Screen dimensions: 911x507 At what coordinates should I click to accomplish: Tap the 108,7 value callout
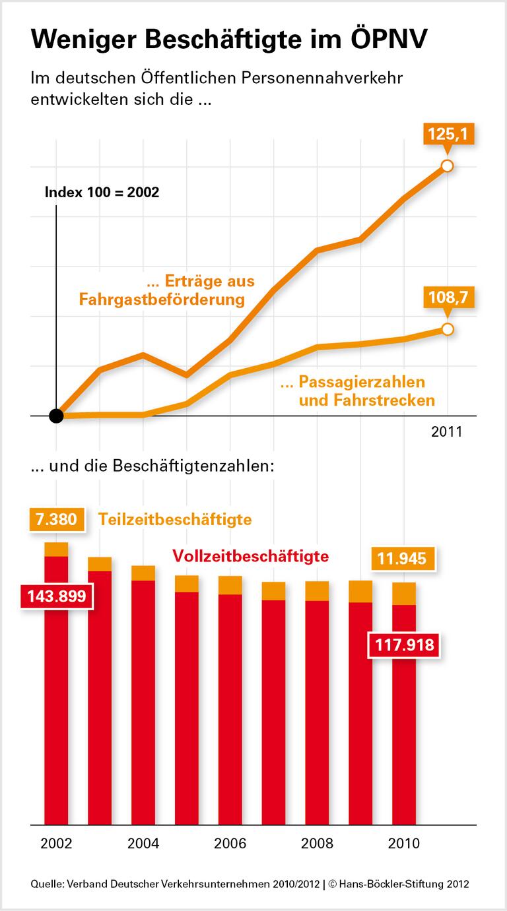coord(448,298)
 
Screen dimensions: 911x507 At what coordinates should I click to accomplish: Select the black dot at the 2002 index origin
coord(57,416)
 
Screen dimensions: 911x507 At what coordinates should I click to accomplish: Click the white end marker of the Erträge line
coord(447,166)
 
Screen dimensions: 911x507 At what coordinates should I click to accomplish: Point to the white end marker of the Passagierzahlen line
coord(448,329)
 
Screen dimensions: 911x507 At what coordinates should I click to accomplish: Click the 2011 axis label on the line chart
coord(447,433)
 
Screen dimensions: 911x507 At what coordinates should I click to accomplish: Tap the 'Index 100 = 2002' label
coord(102,193)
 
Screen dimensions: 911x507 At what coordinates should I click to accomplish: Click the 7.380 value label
coord(57,519)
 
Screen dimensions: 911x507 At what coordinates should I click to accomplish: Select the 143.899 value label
coord(57,596)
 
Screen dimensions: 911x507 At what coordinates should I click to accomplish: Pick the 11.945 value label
coord(401,559)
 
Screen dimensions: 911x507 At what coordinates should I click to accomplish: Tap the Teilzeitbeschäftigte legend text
coord(175,519)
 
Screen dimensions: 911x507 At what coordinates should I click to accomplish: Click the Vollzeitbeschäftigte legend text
coord(250,556)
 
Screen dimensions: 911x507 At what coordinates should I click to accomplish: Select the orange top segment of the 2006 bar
coord(230,585)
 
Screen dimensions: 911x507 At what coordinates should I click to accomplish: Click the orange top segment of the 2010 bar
coord(404,594)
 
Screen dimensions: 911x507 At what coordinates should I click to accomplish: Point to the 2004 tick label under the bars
coord(143,844)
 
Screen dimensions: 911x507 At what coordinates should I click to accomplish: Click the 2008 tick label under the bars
coord(317,844)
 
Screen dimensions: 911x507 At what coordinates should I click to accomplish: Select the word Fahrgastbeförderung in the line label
coord(162,300)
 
